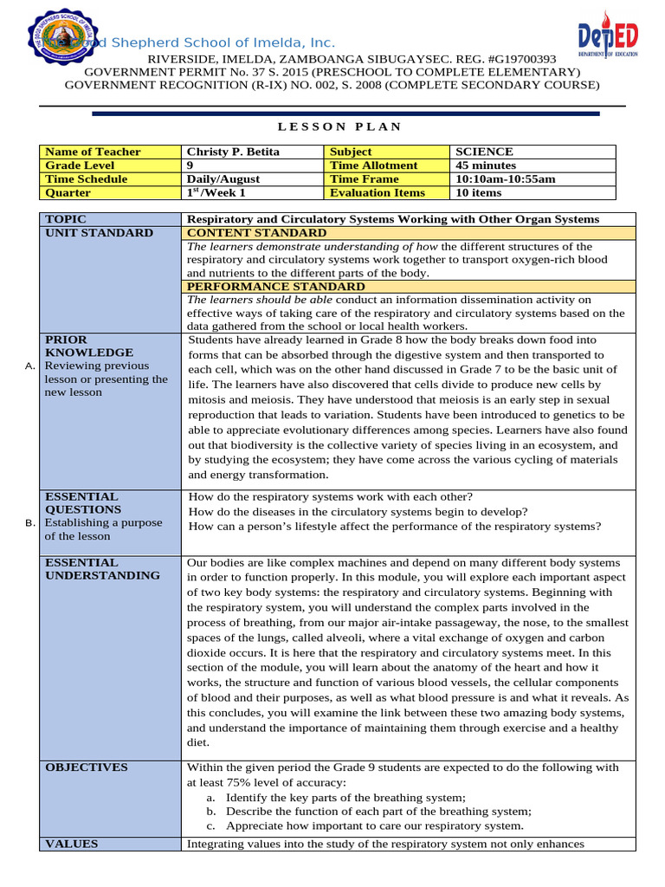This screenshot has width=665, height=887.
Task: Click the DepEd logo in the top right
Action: tap(608, 43)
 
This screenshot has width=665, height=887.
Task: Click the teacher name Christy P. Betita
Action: tap(233, 152)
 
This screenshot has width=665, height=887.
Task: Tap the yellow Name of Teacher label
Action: tap(93, 152)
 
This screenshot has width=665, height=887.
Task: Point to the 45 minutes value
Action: tap(485, 165)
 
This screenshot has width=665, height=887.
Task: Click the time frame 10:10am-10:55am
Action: tap(505, 179)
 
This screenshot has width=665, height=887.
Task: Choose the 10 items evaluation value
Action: tap(479, 193)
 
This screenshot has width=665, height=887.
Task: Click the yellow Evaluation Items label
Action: tap(378, 193)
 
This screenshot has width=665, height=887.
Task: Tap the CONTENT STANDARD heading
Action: tap(257, 233)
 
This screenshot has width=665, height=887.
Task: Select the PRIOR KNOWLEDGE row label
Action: tap(88, 346)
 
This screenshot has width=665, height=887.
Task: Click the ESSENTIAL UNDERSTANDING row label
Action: tap(101, 569)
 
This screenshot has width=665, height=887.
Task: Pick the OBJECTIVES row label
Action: tap(86, 767)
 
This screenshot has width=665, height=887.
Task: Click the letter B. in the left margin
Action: tap(30, 523)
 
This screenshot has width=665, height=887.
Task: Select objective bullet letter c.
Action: tap(210, 826)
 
